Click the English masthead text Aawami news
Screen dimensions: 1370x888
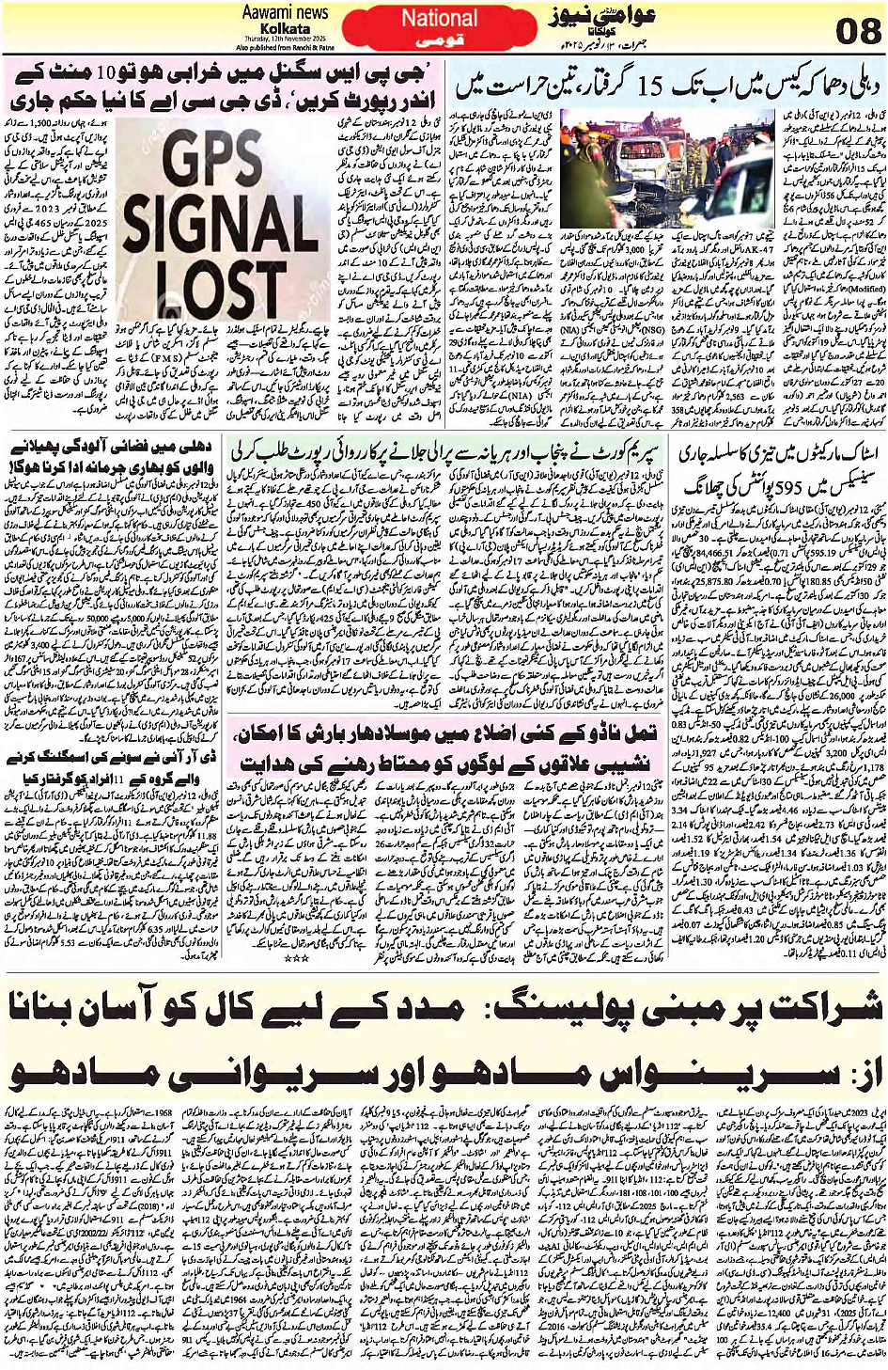point(285,12)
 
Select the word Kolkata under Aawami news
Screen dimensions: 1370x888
point(285,28)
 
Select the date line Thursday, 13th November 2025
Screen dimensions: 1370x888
point(285,39)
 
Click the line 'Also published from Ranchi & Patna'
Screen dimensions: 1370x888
point(285,47)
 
